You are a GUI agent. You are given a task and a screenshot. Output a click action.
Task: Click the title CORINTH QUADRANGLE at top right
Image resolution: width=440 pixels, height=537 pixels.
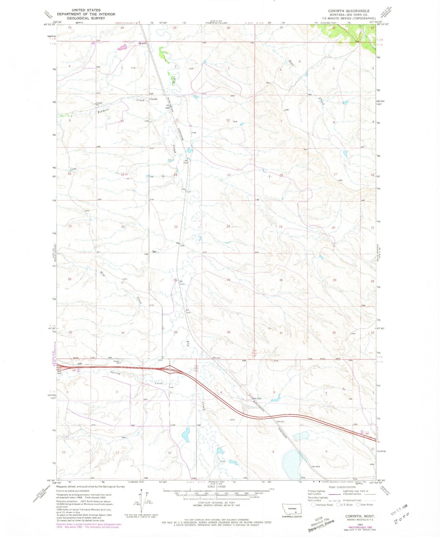pos(349,11)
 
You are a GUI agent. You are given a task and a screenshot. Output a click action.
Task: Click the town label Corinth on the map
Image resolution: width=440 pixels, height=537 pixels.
pos(153,99)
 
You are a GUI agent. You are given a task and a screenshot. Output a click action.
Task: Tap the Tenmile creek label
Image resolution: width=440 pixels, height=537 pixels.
pos(103,111)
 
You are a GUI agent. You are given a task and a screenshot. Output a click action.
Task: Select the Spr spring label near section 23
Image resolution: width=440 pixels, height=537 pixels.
pos(155,251)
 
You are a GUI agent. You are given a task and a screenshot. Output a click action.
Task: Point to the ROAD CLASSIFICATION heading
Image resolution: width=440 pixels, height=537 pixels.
pos(341,487)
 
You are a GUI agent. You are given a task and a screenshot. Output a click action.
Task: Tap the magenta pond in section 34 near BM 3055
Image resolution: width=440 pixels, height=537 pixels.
pos(122,47)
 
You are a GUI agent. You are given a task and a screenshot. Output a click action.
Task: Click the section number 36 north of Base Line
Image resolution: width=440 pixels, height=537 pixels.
pos(228,332)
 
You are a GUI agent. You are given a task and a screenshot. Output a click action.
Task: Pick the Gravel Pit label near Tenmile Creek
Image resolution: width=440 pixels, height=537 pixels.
pos(99,104)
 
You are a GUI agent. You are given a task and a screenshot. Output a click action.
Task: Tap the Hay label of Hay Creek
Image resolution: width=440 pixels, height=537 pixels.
pos(102,274)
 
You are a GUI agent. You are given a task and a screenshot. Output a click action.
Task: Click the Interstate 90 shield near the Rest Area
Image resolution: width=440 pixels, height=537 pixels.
pos(74,370)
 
